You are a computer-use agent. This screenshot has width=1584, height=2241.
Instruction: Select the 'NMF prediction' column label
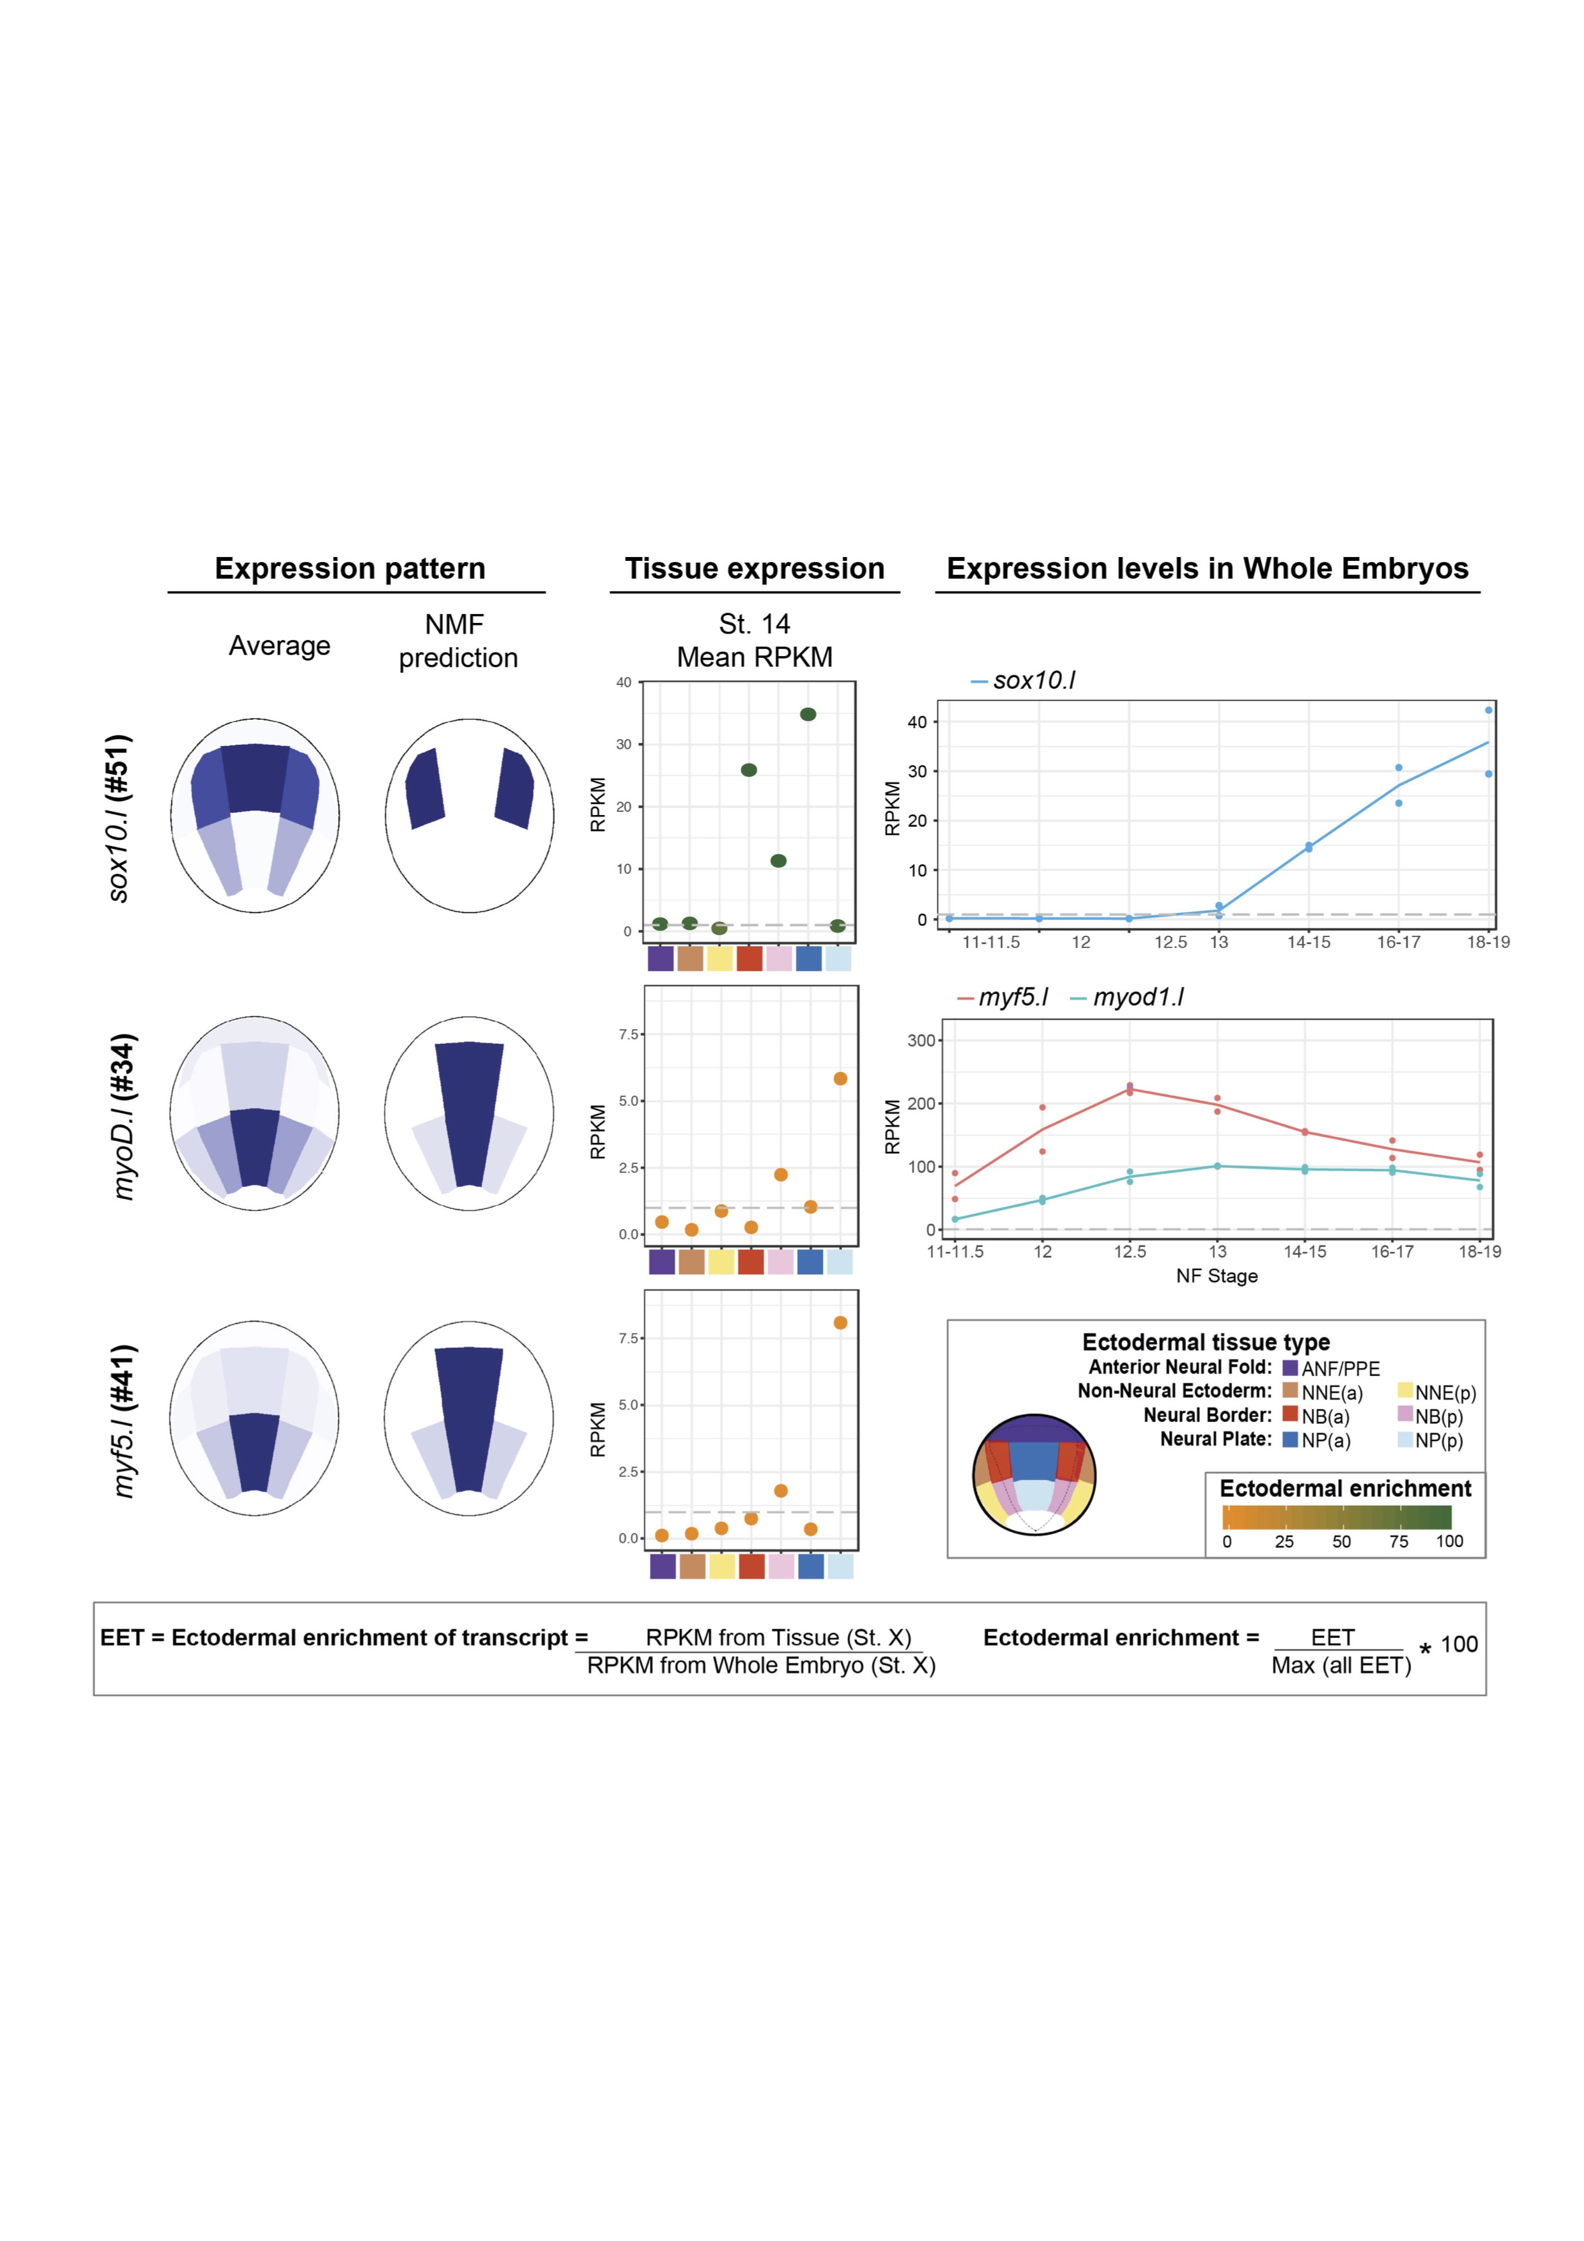coord(458,641)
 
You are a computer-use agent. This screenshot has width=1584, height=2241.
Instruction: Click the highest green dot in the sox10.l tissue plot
coord(808,714)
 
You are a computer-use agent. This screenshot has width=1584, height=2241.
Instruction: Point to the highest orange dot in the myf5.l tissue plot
coord(840,1322)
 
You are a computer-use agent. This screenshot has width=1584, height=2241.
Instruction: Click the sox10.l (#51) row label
coord(118,818)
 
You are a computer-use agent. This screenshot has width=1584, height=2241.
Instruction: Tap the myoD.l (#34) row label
coord(123,1115)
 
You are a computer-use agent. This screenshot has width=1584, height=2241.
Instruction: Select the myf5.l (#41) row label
coord(123,1420)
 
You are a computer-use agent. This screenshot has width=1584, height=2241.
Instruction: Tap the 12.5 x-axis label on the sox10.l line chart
coord(1170,942)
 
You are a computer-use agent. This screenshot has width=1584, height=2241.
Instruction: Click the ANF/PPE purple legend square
coord(1290,1368)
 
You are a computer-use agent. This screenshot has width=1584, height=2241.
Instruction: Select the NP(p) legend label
coord(1438,1441)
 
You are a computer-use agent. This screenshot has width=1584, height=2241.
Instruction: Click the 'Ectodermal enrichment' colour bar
coord(1336,1517)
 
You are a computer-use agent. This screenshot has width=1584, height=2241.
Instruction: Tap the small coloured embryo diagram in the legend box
coord(1034,1474)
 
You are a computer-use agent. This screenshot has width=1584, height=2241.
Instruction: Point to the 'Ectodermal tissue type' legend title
coord(1205,1342)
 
